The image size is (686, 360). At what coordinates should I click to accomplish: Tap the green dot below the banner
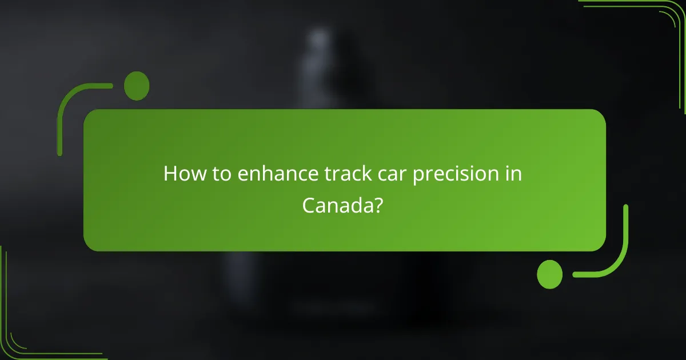pos(550,274)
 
